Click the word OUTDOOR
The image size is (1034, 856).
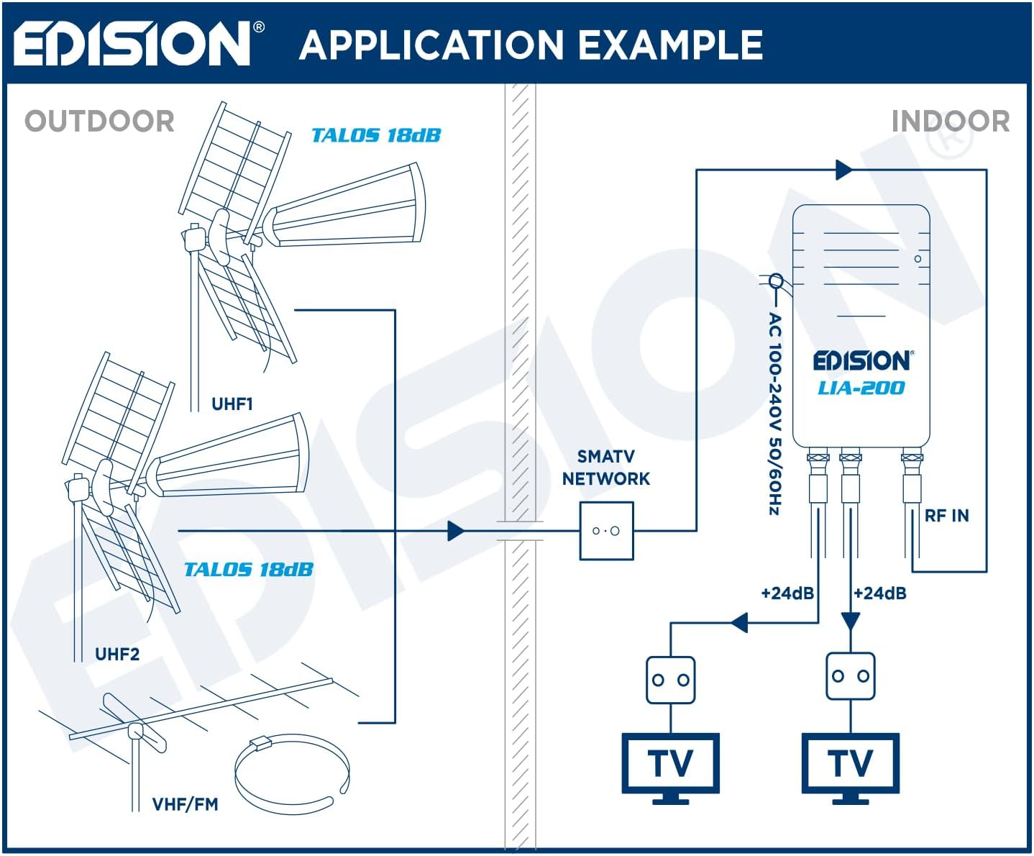click(x=100, y=121)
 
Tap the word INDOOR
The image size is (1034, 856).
click(x=950, y=121)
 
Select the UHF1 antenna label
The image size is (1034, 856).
click(x=232, y=404)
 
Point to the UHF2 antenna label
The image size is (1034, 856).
click(x=117, y=655)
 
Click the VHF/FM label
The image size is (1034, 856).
click(x=185, y=804)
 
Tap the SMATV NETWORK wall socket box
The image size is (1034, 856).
click(x=606, y=532)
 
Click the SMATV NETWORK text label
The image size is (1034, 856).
click(x=605, y=468)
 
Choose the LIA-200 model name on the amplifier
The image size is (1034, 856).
click(x=861, y=388)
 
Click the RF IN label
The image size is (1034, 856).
click(x=946, y=516)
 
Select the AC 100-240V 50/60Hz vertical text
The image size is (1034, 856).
click(x=774, y=414)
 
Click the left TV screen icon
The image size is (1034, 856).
click(x=670, y=764)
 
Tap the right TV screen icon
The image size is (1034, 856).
click(x=850, y=764)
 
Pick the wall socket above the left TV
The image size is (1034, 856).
click(x=670, y=680)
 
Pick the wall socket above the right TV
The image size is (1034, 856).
click(x=851, y=676)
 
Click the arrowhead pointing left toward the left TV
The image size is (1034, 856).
click(x=739, y=622)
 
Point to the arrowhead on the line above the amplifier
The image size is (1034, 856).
click(x=844, y=170)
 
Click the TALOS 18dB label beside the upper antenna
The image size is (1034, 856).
click(x=375, y=135)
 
